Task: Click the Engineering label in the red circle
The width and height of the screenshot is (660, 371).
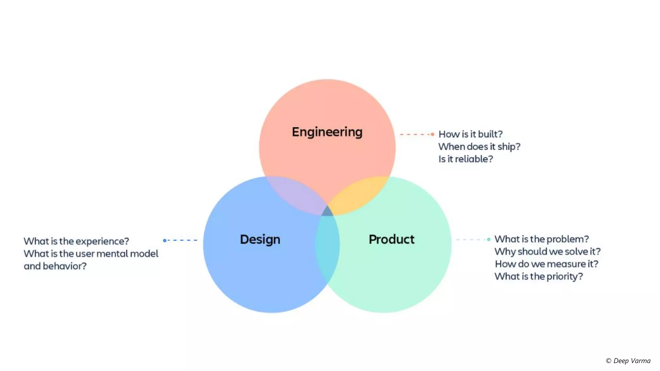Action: click(x=327, y=132)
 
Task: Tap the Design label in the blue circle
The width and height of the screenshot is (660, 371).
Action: click(x=260, y=240)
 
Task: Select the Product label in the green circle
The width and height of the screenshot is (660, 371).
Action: click(x=392, y=239)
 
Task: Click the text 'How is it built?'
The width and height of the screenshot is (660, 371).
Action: click(x=471, y=134)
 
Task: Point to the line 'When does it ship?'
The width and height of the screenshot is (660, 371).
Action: click(x=479, y=147)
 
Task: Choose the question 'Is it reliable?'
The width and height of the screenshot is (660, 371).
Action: click(x=466, y=159)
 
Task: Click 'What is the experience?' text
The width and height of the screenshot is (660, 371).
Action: click(x=76, y=241)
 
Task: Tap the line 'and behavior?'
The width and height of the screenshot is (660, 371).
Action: click(x=55, y=266)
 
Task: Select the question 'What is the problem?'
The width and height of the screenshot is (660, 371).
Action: click(x=542, y=239)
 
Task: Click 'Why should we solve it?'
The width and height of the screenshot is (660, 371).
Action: click(x=548, y=252)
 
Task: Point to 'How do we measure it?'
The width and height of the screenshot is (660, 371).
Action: click(x=547, y=264)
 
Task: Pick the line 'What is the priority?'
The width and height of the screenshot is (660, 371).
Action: click(x=539, y=276)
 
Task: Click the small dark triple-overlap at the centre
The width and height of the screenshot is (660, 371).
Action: click(x=327, y=212)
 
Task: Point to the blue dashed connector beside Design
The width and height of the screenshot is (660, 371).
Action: click(x=180, y=240)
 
